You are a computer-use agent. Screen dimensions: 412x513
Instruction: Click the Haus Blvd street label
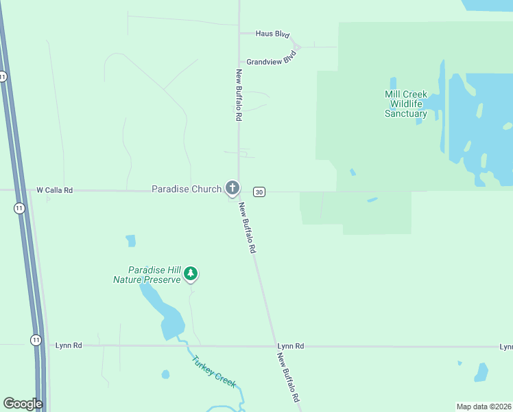point(272,34)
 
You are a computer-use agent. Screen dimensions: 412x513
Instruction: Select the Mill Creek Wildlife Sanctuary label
point(406,104)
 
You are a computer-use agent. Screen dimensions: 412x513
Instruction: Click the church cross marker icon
point(232,187)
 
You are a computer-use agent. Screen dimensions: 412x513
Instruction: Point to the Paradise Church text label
point(186,189)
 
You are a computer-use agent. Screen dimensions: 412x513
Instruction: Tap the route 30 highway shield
point(259,192)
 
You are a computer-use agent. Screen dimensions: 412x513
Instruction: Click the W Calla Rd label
point(54,190)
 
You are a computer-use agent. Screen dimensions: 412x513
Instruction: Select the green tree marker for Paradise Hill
point(191,274)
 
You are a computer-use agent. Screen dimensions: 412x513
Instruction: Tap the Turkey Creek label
point(213,371)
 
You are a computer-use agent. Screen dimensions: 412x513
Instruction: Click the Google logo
point(22,404)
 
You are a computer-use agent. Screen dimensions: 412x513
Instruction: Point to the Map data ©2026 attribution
point(484,407)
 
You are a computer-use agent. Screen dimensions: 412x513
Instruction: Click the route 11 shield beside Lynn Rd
point(36,340)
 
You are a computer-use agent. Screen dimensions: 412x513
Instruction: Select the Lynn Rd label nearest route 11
point(69,345)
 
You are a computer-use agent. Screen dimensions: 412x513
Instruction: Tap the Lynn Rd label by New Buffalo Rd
point(290,346)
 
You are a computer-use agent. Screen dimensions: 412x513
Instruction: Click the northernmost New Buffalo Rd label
point(239,95)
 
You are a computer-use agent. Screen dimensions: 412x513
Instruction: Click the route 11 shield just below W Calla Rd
point(19,208)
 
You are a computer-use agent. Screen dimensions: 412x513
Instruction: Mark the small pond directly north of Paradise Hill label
point(131,241)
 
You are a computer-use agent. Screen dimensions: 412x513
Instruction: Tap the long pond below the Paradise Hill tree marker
point(165,316)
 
